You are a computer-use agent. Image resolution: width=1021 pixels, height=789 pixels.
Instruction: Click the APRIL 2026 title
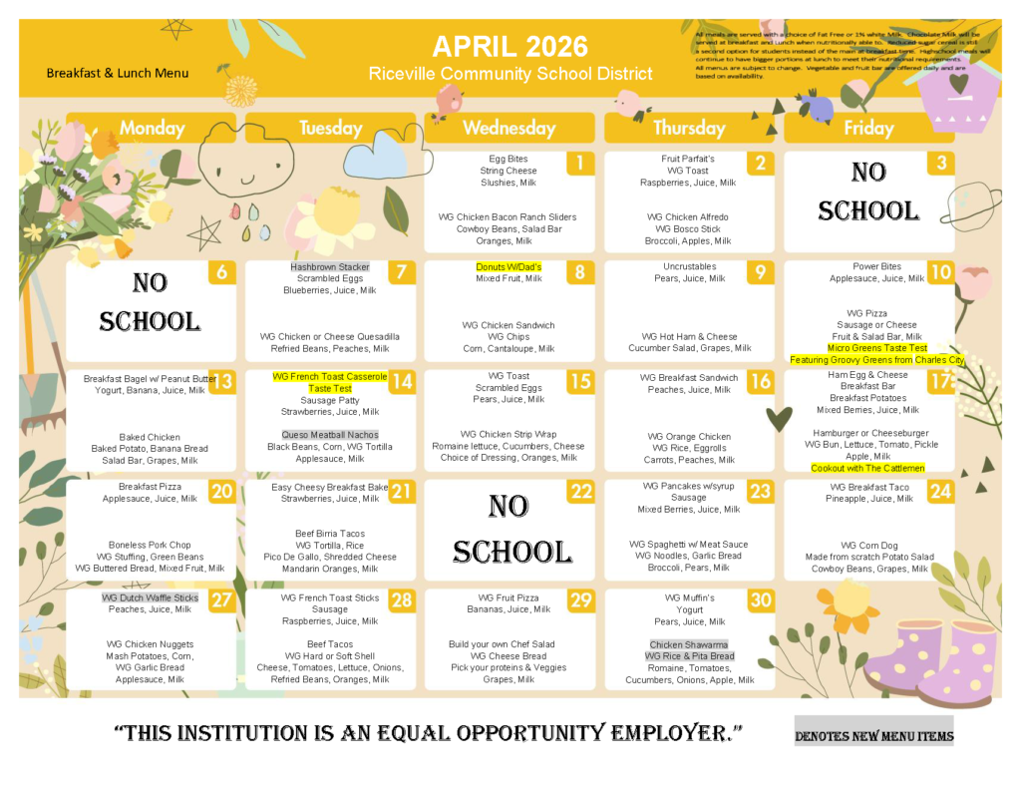pos(510,47)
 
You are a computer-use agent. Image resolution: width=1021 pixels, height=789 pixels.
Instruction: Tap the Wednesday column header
pos(510,128)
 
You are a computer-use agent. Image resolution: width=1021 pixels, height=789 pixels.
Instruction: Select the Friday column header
pos(868,128)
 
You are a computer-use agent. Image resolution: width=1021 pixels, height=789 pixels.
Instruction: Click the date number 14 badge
pos(402,381)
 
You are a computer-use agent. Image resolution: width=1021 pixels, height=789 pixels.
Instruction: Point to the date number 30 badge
pos(761,599)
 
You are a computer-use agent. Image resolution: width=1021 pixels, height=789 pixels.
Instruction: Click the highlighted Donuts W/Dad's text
pos(509,267)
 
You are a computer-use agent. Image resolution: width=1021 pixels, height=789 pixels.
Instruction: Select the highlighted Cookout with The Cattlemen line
pos(866,468)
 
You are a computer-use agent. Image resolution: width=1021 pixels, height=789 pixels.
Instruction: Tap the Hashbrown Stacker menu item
pos(330,267)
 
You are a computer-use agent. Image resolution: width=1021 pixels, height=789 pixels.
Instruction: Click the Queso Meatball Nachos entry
pos(330,435)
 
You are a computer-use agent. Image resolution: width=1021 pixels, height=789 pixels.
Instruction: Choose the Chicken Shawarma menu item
pos(689,644)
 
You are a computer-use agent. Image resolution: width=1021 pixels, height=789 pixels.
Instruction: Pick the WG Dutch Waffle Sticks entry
pos(150,597)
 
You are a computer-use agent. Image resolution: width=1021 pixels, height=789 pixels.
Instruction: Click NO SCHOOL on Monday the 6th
pos(150,302)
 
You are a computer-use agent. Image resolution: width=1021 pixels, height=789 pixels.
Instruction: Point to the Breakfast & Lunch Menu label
pos(117,73)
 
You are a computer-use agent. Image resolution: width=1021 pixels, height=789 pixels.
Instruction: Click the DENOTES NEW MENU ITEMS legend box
pos(873,736)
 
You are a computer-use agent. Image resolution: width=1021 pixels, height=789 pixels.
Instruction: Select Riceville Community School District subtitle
pos(510,74)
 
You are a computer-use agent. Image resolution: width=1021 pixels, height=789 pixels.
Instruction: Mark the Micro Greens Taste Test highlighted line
pos(876,348)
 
